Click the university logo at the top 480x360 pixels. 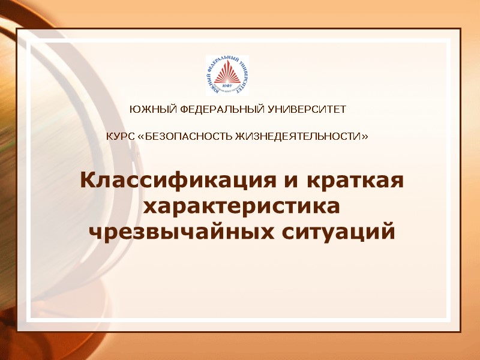coord(227,75)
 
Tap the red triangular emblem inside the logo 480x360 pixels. coord(227,73)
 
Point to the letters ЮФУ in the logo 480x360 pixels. coord(227,86)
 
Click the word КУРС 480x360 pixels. coord(120,137)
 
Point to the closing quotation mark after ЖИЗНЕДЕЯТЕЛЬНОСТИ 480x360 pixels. coord(365,137)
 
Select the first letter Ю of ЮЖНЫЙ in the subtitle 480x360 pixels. coord(134,110)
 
